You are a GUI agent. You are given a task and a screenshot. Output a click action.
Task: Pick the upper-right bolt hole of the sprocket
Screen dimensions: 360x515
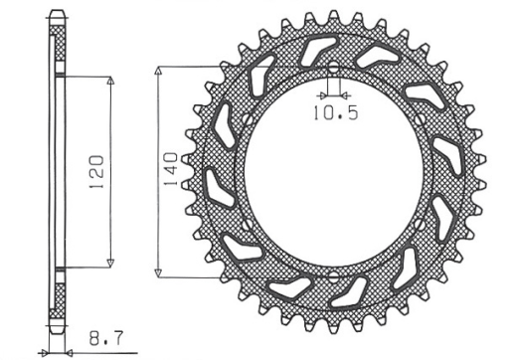click(422, 120)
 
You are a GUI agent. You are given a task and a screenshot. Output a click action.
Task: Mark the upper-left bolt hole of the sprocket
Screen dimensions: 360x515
click(247, 120)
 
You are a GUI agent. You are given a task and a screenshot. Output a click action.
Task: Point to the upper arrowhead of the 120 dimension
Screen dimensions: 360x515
click(108, 79)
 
